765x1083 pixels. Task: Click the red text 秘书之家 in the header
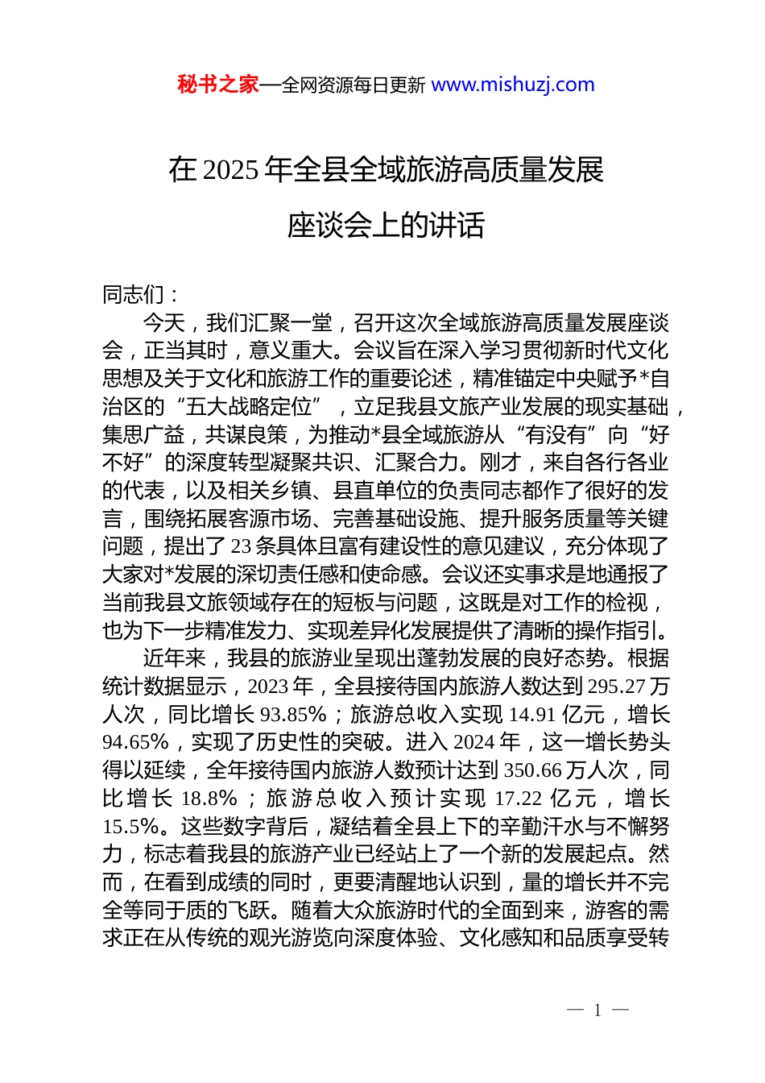coord(217,85)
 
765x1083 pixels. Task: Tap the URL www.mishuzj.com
coord(513,85)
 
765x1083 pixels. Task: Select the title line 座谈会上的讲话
coord(386,226)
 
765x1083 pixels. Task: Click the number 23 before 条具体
coord(242,546)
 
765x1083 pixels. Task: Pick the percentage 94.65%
coord(135,742)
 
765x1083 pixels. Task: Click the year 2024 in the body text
coord(475,742)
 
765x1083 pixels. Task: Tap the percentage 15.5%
coord(130,826)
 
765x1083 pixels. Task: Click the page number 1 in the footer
coord(598,1010)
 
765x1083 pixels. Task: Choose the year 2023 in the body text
coord(269,687)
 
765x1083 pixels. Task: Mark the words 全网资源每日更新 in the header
coord(354,85)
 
